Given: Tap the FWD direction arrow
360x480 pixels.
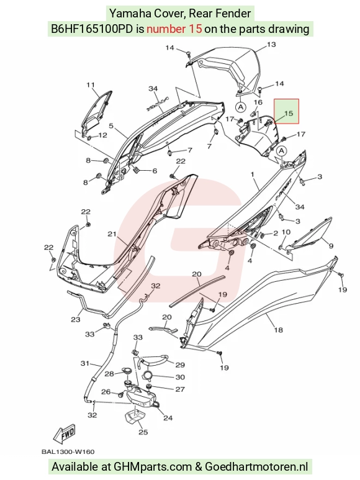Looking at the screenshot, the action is click(64, 434).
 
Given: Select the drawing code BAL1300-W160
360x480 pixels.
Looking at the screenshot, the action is click(68, 451).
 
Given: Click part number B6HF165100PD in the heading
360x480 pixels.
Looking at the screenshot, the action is click(92, 29).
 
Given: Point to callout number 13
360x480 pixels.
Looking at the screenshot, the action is click(271, 45).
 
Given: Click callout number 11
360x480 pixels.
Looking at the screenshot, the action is click(91, 85).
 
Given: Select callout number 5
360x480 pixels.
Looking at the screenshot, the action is click(111, 126).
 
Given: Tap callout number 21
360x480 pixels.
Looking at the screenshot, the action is click(112, 234).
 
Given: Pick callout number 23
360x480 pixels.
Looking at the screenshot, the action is click(76, 319).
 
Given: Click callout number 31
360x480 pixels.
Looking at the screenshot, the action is click(84, 363).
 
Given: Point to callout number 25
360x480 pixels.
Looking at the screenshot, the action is click(143, 432).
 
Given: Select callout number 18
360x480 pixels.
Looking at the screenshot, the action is click(278, 330).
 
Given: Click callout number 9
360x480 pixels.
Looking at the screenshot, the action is click(331, 245).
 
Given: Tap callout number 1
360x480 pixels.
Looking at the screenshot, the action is click(253, 174).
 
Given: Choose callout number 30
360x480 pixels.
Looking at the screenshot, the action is click(180, 377).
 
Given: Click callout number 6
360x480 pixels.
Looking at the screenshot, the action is click(155, 171).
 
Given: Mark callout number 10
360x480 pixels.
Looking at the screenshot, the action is click(286, 232).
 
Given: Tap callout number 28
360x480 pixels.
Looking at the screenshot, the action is click(109, 373).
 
